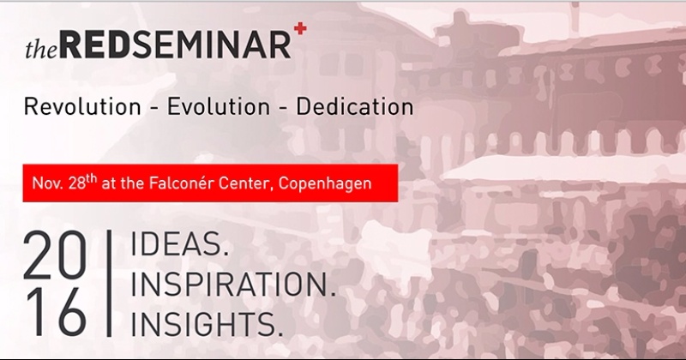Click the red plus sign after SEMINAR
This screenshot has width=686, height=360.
[300, 29]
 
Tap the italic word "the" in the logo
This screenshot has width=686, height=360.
[41, 49]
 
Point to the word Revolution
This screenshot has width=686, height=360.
[82, 107]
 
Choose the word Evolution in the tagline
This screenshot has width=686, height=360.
[219, 107]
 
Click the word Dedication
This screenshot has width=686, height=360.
[355, 107]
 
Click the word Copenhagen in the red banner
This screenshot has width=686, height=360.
[325, 183]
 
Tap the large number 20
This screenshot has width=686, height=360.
[54, 255]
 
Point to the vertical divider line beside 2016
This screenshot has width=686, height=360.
[109, 283]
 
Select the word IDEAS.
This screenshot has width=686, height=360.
[179, 244]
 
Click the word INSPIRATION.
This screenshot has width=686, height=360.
[233, 285]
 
